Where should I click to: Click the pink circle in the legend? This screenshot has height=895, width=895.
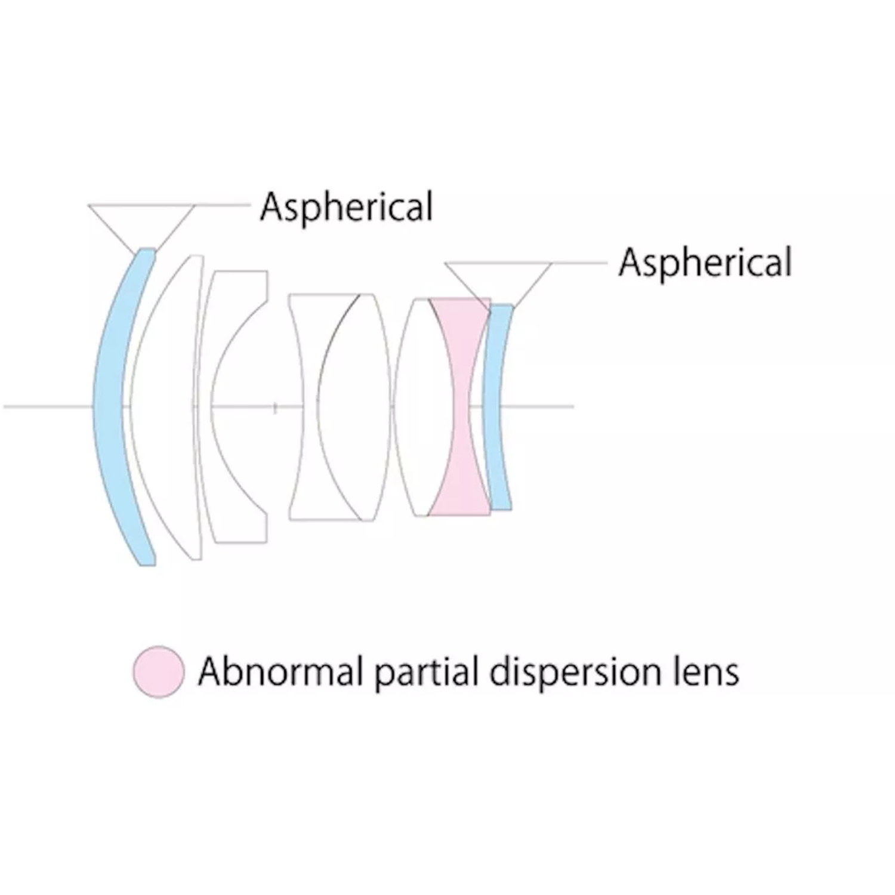pos(158,672)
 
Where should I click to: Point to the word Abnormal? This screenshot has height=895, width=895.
pos(280,672)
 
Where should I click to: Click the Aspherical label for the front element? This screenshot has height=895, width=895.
pos(346,207)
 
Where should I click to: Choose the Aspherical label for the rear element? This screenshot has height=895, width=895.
pos(705,263)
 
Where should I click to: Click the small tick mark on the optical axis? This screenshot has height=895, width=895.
pos(274,408)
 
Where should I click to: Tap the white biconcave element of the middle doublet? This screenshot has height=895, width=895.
pos(307,358)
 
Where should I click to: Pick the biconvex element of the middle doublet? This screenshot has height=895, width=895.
pos(355,406)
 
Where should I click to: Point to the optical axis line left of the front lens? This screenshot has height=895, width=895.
pos(48,406)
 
